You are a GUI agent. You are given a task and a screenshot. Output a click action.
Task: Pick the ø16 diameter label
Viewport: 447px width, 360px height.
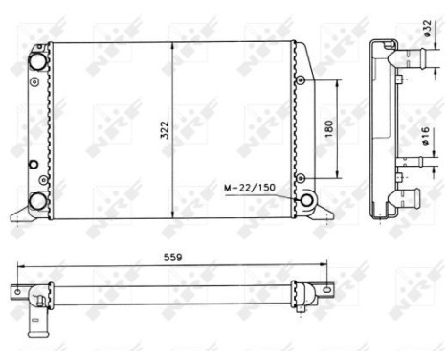click(425, 133)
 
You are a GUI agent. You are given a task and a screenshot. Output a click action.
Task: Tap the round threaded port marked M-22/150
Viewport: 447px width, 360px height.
click(308, 200)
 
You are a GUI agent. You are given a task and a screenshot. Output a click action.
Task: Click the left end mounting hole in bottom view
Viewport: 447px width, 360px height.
click(16, 289)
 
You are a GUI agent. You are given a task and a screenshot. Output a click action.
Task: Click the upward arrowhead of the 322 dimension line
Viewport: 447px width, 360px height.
click(173, 47)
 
